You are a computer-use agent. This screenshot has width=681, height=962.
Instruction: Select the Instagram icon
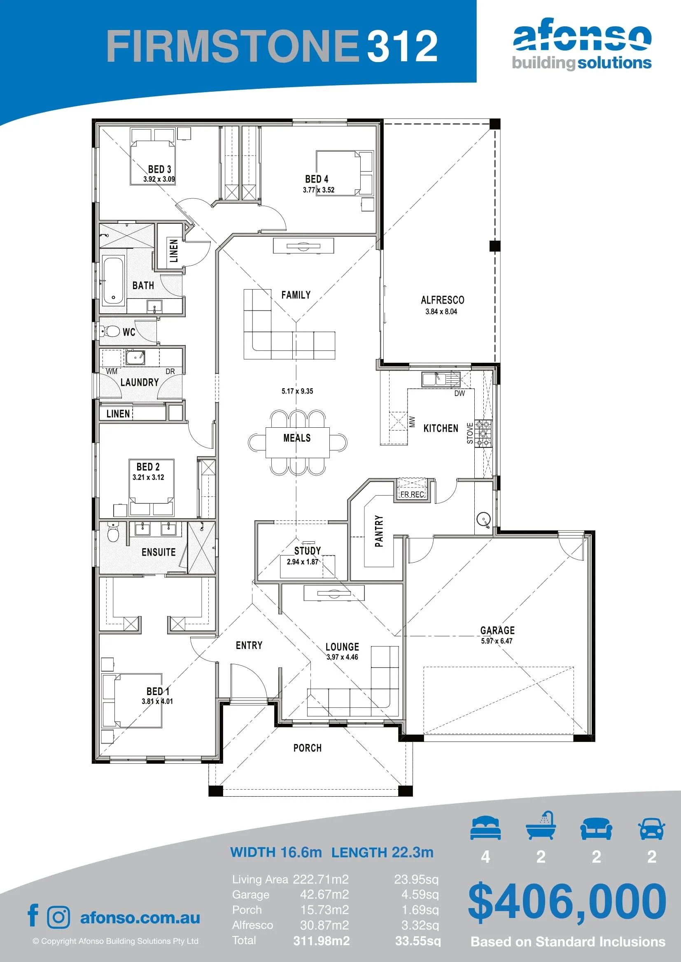pos(58,917)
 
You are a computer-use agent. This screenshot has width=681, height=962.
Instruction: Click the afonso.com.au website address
pos(140,918)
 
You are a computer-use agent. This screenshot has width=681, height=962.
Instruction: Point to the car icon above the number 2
pos(651,829)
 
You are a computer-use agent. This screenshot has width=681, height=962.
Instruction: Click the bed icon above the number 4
pos(485,828)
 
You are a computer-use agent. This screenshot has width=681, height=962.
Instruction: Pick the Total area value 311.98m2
pos(321,941)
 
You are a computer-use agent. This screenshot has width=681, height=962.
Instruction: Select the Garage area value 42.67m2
pos(324,895)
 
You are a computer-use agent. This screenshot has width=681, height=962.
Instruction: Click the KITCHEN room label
pos(441,428)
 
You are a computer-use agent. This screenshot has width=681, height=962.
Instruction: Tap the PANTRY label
pos(379,531)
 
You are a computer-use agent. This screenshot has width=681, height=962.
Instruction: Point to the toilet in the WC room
pos(110,331)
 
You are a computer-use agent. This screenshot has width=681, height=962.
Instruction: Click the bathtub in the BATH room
pos(113,280)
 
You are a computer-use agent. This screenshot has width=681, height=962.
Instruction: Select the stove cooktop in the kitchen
pos(483,433)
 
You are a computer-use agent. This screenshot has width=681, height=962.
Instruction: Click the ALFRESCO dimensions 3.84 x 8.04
pos(441,311)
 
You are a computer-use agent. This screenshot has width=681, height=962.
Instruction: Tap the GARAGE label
pos(497,630)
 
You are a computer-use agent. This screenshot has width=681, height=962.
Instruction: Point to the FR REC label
pos(412,494)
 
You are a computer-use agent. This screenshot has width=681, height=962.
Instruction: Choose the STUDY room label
pos(308,551)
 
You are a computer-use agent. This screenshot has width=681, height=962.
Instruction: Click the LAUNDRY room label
pos(140,382)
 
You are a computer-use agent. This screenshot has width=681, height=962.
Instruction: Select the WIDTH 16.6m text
pos(276,852)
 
